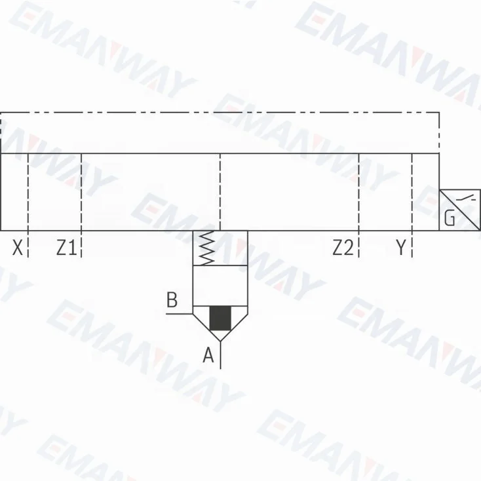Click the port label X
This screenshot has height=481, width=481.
pos(18,248)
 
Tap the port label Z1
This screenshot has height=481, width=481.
pos(66,248)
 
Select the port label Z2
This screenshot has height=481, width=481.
pos(343,248)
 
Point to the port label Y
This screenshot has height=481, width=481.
pos(400,248)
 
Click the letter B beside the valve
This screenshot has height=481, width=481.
pos(172,299)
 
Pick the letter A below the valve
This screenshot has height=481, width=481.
pos(208,355)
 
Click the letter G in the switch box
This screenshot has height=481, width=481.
pos(450,218)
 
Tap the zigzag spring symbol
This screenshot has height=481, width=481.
pos(206,248)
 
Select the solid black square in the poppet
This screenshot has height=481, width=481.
pos(220,318)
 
